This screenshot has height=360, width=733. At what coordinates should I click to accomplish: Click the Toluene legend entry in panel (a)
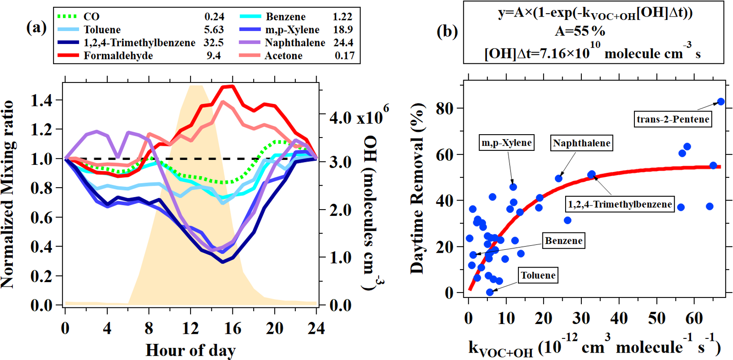pyautogui.click(x=102, y=30)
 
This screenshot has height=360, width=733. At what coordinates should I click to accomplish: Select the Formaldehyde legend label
pyautogui.click(x=118, y=56)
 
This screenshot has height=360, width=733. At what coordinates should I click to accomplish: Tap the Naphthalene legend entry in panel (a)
pyautogui.click(x=295, y=43)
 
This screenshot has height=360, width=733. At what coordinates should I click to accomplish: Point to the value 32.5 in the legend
pyautogui.click(x=213, y=43)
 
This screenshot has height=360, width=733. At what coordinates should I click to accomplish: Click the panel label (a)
pyautogui.click(x=36, y=28)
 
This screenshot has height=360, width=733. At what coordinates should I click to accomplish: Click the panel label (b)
pyautogui.click(x=447, y=31)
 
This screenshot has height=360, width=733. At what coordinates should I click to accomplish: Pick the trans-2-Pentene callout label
pyautogui.click(x=673, y=119)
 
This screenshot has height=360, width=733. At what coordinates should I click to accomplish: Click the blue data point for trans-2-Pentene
pyautogui.click(x=721, y=101)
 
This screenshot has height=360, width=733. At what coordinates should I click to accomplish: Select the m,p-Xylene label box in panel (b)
pyautogui.click(x=506, y=143)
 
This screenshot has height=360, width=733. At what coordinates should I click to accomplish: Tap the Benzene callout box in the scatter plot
pyautogui.click(x=564, y=241)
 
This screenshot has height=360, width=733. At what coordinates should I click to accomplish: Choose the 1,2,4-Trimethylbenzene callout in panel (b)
pyautogui.click(x=619, y=204)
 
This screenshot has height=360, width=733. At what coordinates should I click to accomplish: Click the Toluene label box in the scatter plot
pyautogui.click(x=538, y=275)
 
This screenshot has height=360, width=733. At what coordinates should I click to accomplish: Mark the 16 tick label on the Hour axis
pyautogui.click(x=232, y=329)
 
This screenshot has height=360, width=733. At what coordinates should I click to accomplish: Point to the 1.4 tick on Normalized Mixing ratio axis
pyautogui.click(x=41, y=100)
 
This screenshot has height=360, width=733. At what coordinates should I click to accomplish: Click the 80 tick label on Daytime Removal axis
pyautogui.click(x=444, y=109)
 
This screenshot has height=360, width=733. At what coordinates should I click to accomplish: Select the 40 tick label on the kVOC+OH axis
pyautogui.click(x=619, y=319)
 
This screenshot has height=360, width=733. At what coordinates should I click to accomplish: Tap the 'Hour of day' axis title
pyautogui.click(x=191, y=350)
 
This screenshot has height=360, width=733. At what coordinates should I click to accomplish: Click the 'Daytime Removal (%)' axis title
pyautogui.click(x=418, y=188)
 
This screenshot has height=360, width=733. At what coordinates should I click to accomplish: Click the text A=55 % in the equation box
pyautogui.click(x=580, y=31)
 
